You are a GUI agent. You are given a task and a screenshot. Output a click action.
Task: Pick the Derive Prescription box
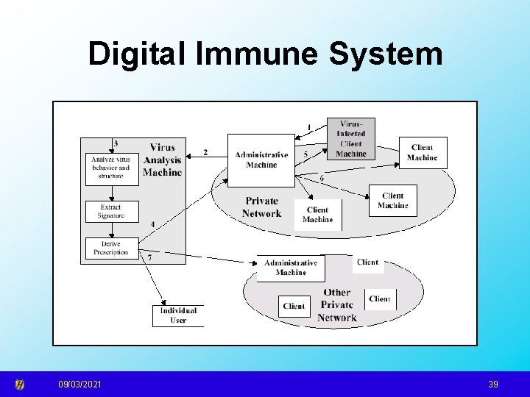pos(110,248)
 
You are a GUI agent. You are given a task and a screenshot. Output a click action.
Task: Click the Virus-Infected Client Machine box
pos(350,138)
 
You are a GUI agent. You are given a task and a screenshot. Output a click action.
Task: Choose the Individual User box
pos(178,315)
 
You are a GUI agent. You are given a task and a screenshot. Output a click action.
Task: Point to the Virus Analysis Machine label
pos(162,160)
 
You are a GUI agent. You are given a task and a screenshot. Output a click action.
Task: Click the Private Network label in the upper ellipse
pos(261,207)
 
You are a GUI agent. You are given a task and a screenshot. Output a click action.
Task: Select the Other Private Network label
pos(337,305)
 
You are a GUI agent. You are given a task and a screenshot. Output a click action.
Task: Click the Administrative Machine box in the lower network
pos(291,268)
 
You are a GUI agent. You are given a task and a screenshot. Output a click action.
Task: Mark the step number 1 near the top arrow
pos(309,127)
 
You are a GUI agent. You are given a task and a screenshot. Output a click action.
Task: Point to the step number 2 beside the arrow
pos(205,152)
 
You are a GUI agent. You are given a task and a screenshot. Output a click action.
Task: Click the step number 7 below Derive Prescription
pos(150,258)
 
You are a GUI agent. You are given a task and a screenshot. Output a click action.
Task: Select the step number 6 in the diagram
pos(321,178)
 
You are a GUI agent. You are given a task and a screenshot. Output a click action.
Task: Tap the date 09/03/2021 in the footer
pos(81,385)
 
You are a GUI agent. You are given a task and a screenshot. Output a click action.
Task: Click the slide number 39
pos(492,385)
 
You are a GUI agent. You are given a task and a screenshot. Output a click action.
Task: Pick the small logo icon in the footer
pos(21,385)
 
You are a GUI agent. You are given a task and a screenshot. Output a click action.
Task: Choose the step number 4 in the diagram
pos(152,223)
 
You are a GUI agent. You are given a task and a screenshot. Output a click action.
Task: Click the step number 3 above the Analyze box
pos(116,143)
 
